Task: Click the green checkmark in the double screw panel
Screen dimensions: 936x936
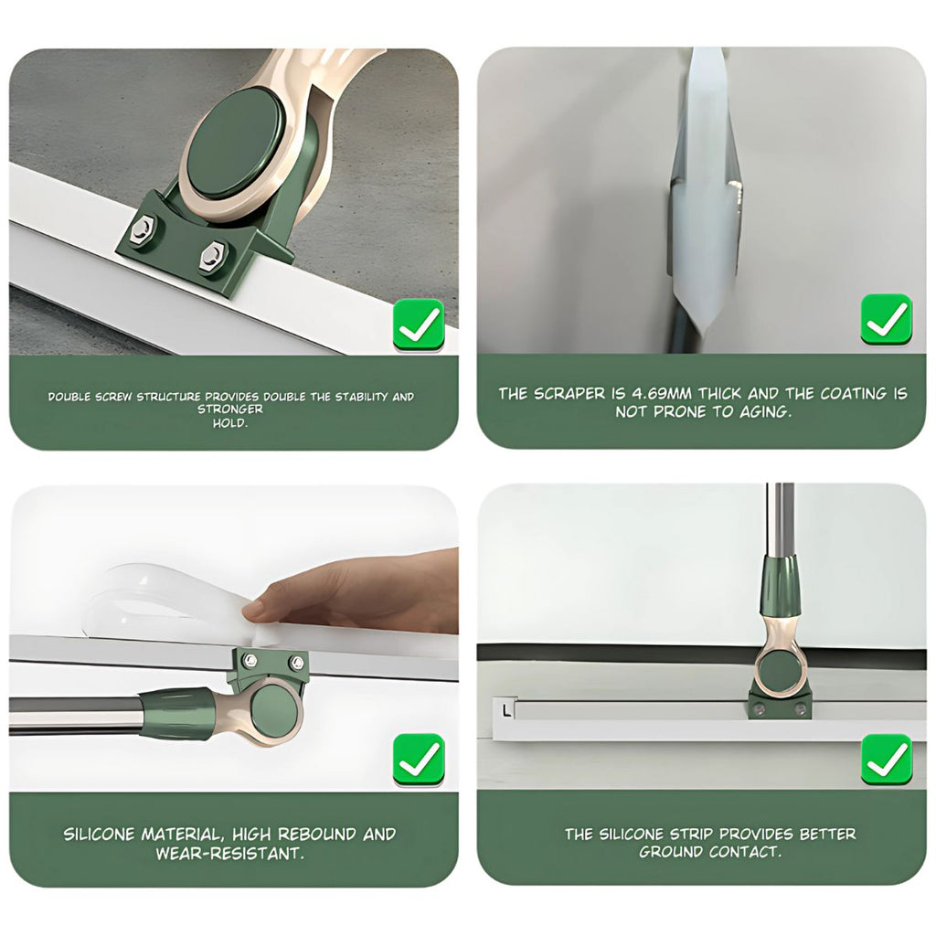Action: [x=419, y=325]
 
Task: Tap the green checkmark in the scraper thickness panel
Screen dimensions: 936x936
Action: [x=887, y=319]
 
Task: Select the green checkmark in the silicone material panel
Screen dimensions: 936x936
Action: [x=419, y=760]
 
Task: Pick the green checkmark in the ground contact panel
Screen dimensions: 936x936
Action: [x=887, y=759]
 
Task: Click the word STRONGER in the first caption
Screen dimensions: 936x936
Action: [x=230, y=409]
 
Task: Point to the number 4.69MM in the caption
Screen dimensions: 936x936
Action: [x=662, y=393]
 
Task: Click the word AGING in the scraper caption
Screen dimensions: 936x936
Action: [x=766, y=412]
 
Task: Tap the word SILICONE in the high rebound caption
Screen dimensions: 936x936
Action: [x=99, y=834]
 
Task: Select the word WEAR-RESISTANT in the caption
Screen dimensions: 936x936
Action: [x=229, y=854]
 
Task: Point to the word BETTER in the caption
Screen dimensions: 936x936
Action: [x=827, y=834]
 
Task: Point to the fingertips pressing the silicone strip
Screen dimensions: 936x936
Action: [x=257, y=608]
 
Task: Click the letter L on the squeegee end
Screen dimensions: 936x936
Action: [x=506, y=710]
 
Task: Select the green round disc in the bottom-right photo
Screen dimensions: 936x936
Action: [x=779, y=672]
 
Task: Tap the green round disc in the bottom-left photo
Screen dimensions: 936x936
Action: [x=273, y=709]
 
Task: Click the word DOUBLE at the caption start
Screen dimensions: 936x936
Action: [x=69, y=397]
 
